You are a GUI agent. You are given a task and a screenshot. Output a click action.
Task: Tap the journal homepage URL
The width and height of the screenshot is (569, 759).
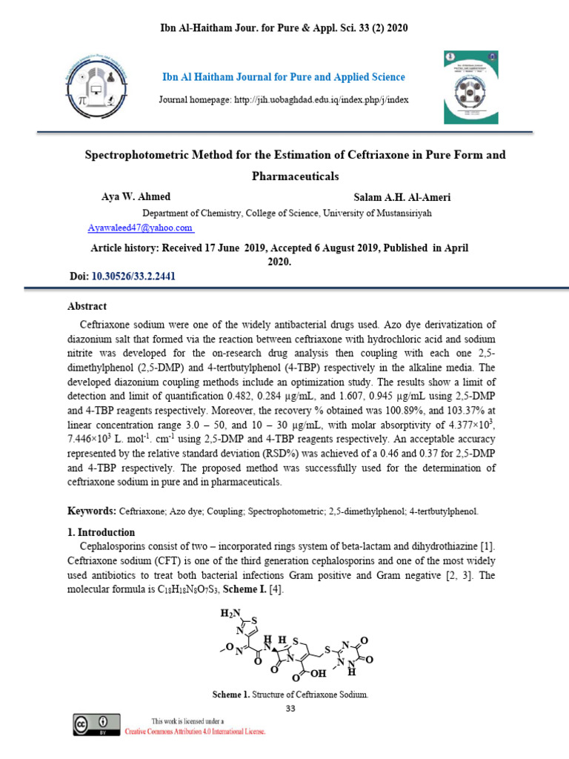[x=284, y=99]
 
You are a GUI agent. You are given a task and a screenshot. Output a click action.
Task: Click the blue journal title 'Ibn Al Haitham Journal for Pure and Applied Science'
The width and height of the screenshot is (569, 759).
[x=284, y=77]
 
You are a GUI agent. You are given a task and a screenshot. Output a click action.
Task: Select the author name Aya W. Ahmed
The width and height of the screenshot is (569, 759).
[x=136, y=197]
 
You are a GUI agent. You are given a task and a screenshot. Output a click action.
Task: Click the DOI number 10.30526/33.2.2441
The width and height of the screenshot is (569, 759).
[x=133, y=276]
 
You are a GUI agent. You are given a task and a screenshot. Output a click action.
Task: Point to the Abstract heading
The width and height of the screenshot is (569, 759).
[x=87, y=306]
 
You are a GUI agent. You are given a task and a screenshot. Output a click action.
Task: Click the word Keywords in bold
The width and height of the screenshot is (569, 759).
[x=92, y=511]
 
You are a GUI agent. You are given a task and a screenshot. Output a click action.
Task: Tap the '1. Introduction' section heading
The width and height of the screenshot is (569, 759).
[x=102, y=532]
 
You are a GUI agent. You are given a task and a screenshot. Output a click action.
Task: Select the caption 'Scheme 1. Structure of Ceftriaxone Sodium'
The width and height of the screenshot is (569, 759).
[x=290, y=695]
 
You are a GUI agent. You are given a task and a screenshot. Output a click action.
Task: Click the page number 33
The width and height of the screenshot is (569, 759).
[x=290, y=709]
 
